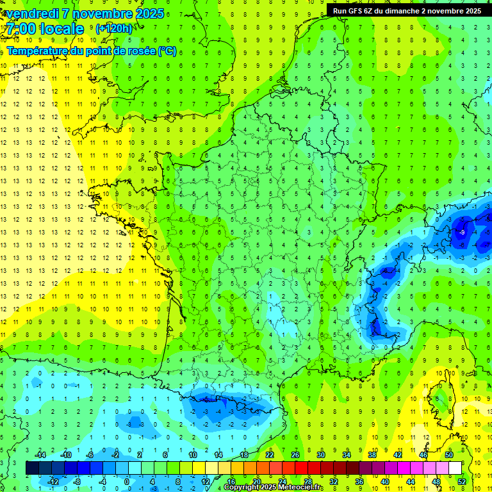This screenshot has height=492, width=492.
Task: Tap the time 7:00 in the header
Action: tap(24, 29)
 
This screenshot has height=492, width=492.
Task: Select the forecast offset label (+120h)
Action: tap(113, 29)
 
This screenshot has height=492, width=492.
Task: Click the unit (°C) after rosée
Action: tap(167, 51)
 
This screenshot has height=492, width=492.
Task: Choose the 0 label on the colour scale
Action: tap(127, 482)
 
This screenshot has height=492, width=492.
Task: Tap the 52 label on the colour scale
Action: tap(462, 482)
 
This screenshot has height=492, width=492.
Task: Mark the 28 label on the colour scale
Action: tap(307, 482)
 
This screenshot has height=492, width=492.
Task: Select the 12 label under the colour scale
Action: tap(205, 482)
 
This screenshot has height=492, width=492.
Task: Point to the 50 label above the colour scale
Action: tap(449, 454)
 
